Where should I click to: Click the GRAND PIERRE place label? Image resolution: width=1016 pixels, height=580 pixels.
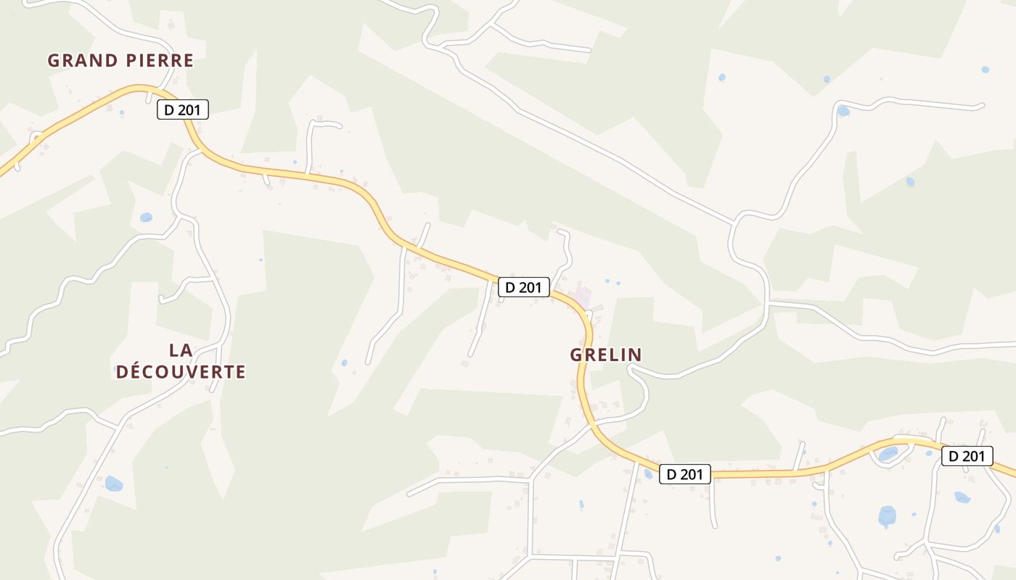point(120,61)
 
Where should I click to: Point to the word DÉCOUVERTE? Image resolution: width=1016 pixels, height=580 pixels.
point(181,372)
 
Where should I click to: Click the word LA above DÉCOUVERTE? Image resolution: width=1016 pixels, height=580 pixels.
point(181,350)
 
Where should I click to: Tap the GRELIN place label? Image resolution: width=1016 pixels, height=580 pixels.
point(606,355)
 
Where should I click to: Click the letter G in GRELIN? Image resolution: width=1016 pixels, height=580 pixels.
point(577,355)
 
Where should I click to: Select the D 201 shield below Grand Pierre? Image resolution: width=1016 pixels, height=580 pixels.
point(183,110)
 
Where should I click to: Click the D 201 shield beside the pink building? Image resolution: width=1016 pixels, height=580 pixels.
point(523,287)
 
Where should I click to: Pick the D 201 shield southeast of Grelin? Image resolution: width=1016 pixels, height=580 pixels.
point(684,474)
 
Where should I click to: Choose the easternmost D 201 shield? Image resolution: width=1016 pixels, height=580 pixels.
point(967,456)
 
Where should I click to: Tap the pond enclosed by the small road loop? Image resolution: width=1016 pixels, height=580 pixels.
point(888,454)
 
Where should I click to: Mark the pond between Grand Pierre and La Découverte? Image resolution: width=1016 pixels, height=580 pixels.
point(146,217)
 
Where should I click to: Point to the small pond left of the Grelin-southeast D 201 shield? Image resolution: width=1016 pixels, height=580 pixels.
point(648,473)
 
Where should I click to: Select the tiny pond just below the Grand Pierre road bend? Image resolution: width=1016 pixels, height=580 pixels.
point(121,113)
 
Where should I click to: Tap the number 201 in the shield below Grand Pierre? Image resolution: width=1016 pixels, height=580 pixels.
point(189,110)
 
